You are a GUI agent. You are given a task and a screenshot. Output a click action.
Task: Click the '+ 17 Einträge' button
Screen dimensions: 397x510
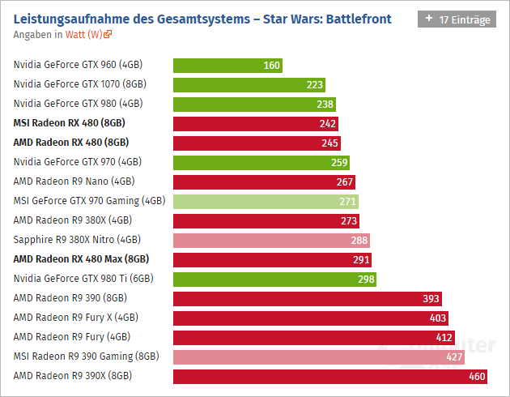pos(457,19)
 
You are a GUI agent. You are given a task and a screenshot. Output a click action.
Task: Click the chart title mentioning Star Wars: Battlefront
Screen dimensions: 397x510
pos(203,18)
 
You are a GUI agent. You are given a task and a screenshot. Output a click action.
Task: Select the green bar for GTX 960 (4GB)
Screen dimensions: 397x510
pos(227,65)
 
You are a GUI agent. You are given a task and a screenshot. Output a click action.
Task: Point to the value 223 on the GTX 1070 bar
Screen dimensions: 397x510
pos(315,84)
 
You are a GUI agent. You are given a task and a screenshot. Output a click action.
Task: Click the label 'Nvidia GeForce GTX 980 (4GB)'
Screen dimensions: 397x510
pos(78,103)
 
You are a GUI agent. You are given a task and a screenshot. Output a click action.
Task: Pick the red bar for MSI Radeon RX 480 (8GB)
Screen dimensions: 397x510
pos(256,123)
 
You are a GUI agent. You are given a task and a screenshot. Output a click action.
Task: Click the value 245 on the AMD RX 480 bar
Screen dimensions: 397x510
pos(329,143)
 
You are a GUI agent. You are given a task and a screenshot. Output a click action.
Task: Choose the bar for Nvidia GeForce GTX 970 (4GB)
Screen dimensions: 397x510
pos(261,162)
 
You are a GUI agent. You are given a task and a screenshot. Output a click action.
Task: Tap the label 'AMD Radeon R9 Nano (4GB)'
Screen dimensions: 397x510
pos(74,181)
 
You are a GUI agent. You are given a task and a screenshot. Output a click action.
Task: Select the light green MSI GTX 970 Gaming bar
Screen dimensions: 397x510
pos(266,201)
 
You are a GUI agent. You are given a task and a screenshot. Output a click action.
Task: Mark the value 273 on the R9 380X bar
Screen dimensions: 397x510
pos(348,220)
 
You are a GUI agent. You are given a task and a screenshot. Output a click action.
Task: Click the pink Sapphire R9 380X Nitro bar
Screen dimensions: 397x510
pos(271,240)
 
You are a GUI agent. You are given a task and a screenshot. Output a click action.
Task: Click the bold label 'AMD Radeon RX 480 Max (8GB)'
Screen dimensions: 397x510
pos(81,258)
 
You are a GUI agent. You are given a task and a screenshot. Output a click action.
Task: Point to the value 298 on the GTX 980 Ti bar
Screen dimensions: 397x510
pos(366,279)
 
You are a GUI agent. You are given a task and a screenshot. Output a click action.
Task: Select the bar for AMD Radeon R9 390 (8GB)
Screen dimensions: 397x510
pos(308,298)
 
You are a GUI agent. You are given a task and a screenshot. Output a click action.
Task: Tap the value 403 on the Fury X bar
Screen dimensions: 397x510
pos(438,318)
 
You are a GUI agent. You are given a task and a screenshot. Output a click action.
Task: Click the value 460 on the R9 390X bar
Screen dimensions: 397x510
pos(477,376)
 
